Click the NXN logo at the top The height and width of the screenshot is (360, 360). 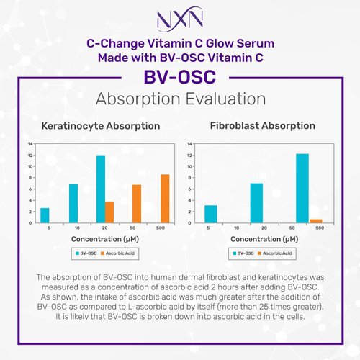[x=179, y=18]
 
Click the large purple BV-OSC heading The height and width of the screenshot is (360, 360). [x=179, y=76]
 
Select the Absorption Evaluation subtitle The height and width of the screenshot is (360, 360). [x=179, y=98]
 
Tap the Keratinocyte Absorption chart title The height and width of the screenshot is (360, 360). [x=102, y=126]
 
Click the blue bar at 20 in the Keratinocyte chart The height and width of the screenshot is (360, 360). [x=101, y=189]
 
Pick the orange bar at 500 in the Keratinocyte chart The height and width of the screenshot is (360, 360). [x=165, y=199]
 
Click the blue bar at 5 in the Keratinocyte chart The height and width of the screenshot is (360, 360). [x=45, y=215]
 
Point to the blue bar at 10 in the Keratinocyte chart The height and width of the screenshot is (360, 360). [x=73, y=204]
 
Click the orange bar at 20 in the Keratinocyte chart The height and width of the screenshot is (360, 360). [x=109, y=212]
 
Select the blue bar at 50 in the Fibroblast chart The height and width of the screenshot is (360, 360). [x=302, y=189]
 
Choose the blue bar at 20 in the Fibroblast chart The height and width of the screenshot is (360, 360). [x=256, y=203]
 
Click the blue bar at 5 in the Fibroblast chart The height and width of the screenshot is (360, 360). [x=210, y=215]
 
